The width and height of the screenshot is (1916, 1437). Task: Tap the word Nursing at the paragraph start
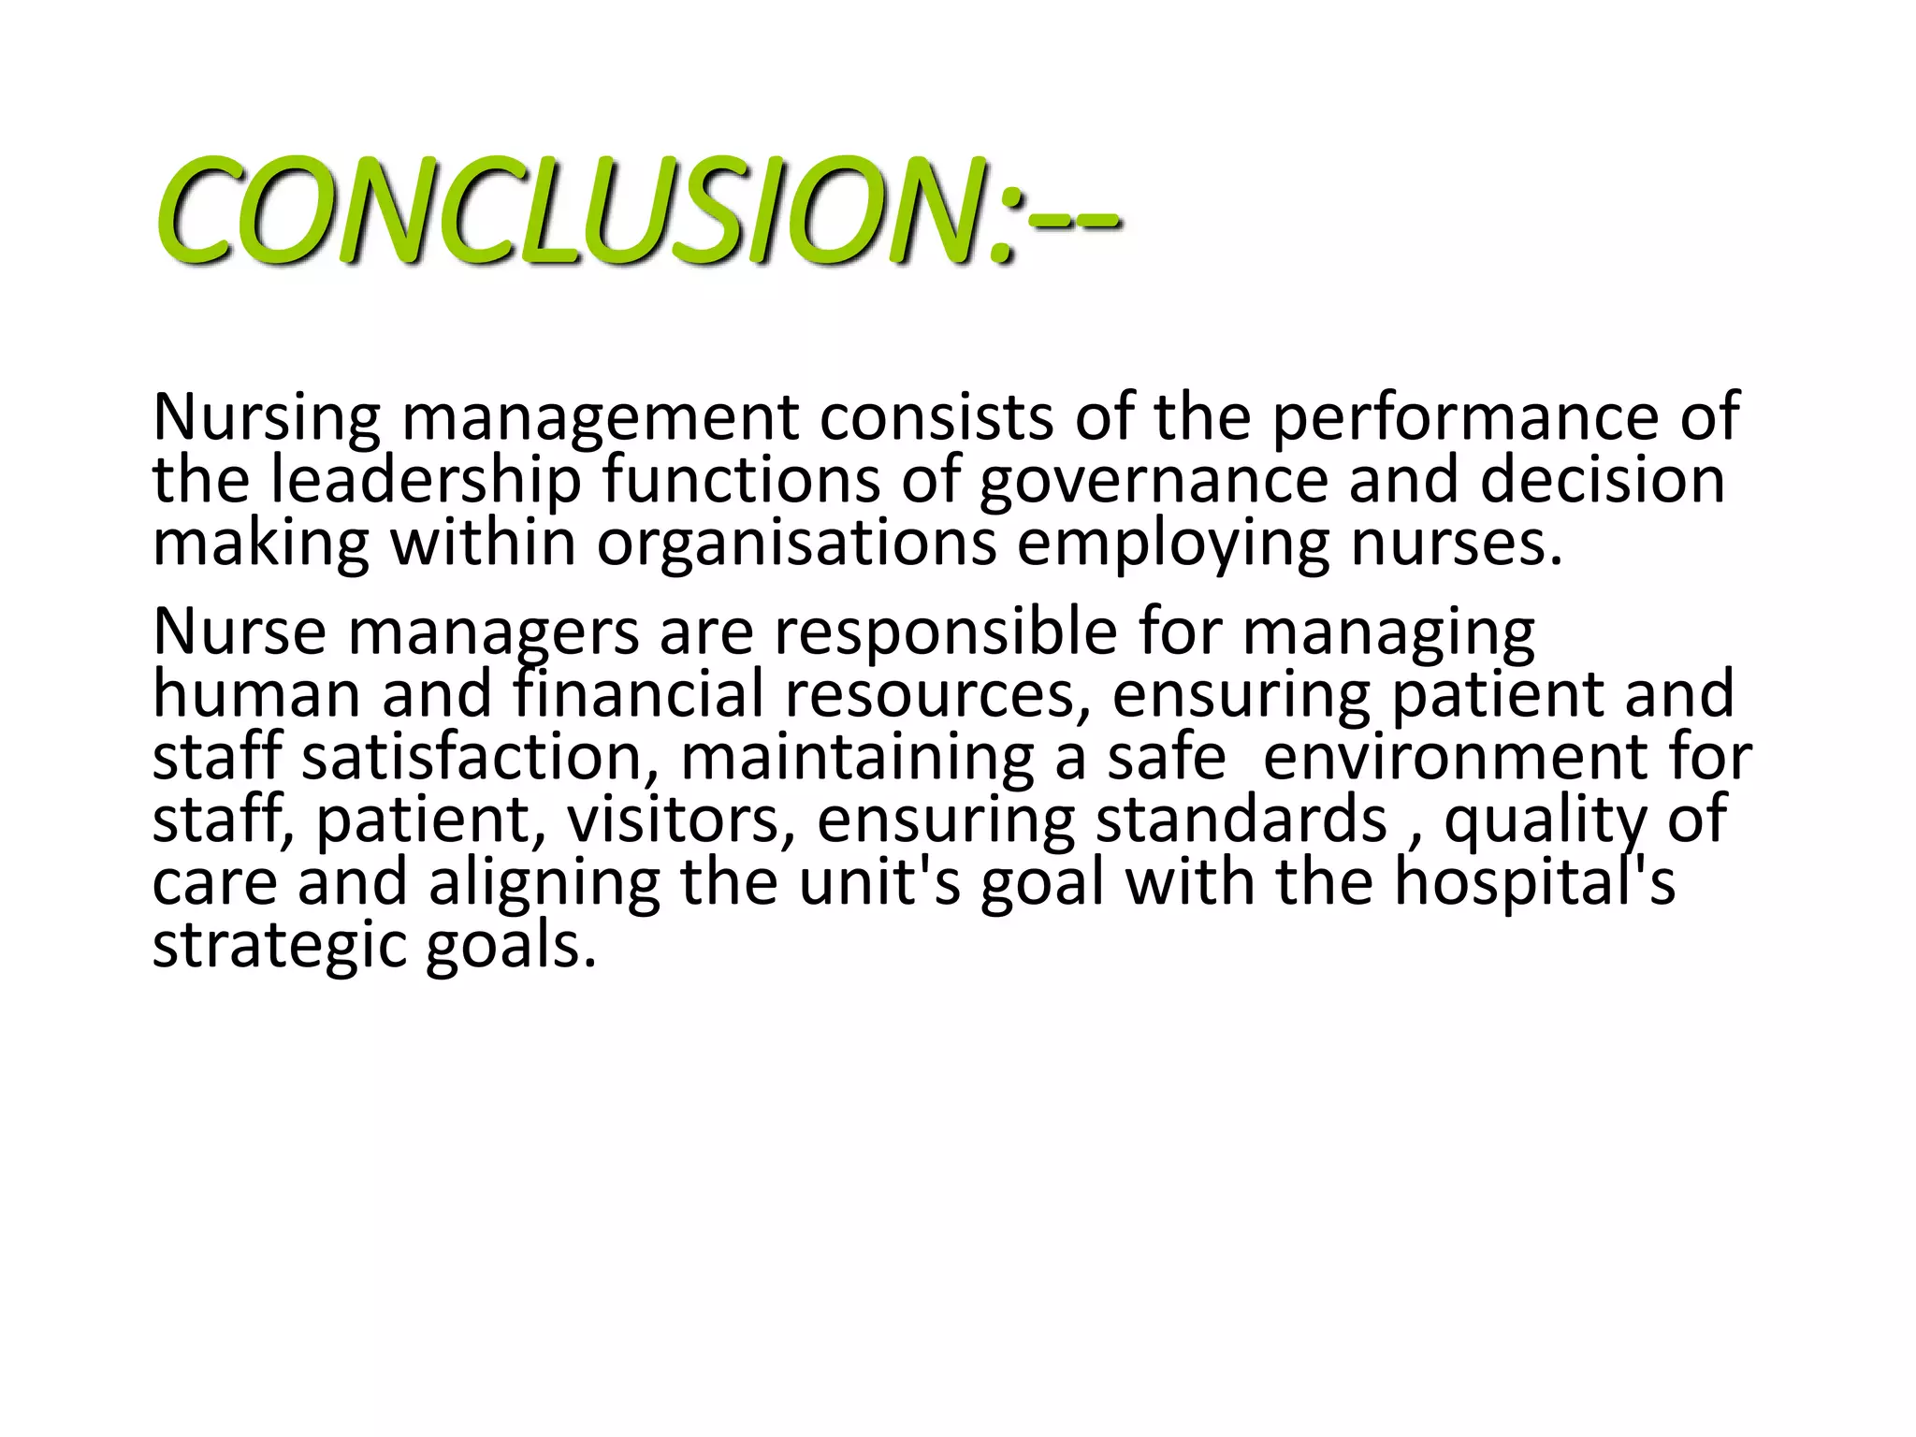click(267, 417)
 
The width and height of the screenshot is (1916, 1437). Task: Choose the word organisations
click(797, 544)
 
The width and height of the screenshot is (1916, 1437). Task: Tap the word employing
click(1173, 544)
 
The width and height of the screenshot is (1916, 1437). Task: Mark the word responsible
click(945, 632)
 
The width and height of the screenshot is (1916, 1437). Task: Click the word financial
click(638, 694)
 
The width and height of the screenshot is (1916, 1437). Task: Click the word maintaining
click(856, 757)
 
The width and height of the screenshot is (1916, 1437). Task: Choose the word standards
click(1241, 820)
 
